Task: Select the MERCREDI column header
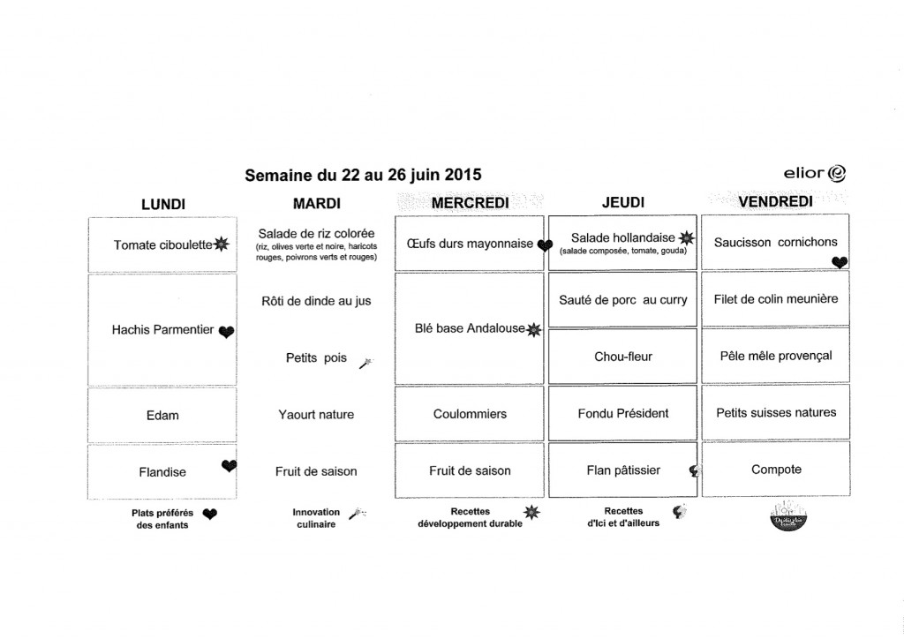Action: click(471, 204)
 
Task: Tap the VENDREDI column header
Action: click(775, 202)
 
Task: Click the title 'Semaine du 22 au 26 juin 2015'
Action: click(363, 175)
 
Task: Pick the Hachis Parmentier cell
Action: click(163, 329)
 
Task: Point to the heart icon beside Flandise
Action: click(229, 466)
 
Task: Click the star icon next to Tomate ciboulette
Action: click(221, 244)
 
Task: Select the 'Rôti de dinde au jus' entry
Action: click(316, 301)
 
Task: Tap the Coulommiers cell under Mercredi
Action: click(470, 414)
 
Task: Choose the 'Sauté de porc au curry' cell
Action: click(622, 300)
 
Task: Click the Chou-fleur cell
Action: click(622, 357)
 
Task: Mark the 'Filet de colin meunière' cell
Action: click(775, 299)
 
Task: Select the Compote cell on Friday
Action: click(776, 470)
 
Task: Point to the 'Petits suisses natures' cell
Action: click(775, 412)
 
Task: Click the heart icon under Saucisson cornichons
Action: click(839, 261)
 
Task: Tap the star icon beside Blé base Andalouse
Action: click(532, 330)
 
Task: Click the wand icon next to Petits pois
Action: click(365, 363)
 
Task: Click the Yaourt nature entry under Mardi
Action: click(316, 414)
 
